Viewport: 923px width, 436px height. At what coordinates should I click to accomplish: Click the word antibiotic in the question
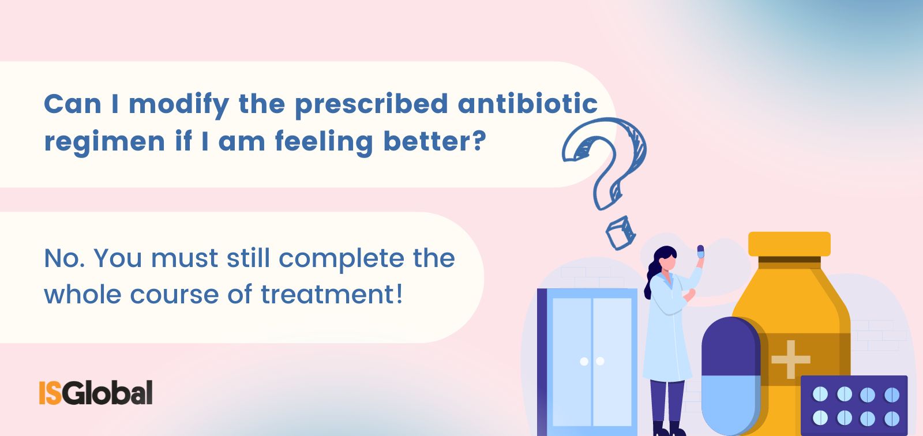click(x=527, y=104)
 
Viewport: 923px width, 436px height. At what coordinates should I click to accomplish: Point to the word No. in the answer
click(x=63, y=258)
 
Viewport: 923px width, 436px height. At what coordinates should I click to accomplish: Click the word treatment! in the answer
click(x=331, y=294)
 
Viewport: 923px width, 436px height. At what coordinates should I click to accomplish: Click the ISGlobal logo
click(x=96, y=392)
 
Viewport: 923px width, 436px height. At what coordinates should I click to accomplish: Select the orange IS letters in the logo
click(x=50, y=392)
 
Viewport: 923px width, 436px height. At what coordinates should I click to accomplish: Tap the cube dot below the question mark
click(x=620, y=232)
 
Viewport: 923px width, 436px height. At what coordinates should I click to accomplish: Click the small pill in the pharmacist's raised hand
click(x=700, y=251)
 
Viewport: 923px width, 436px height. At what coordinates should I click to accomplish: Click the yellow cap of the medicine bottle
click(x=789, y=243)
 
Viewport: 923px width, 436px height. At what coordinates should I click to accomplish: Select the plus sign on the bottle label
click(x=790, y=359)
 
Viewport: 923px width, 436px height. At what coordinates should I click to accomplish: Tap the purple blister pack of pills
click(x=854, y=405)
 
